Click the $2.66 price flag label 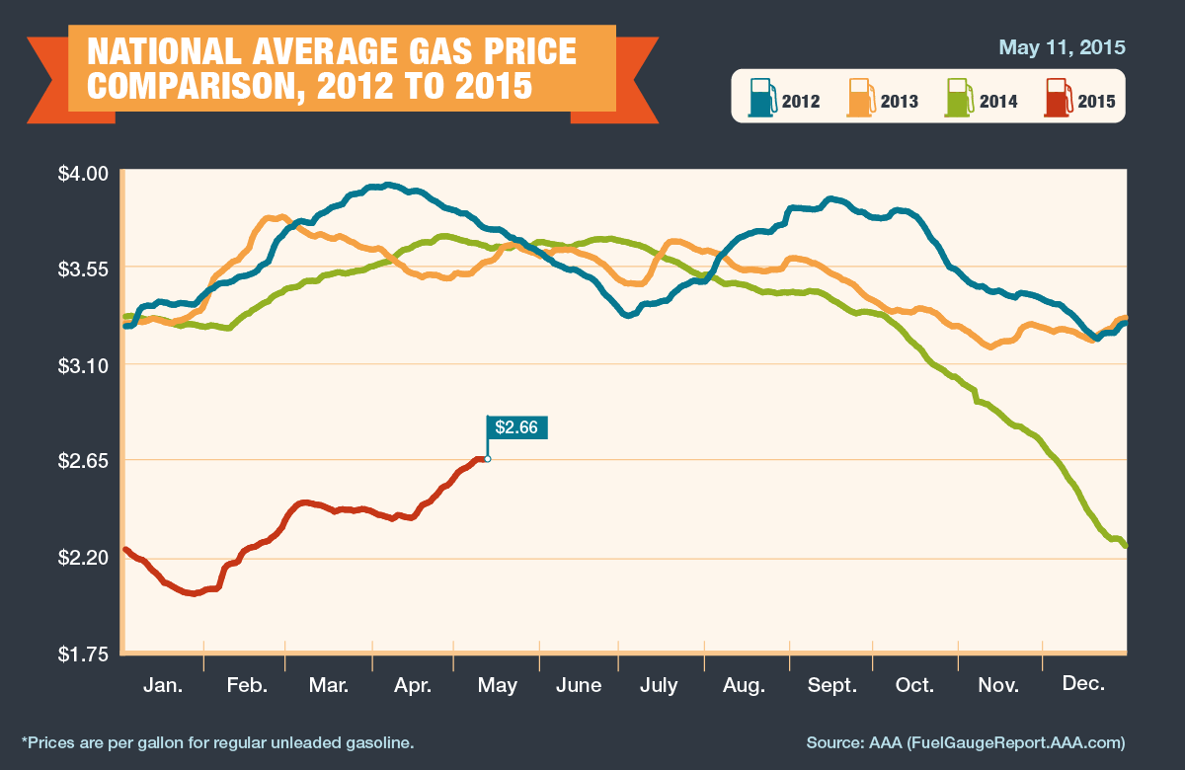[516, 427]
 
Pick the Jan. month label [163, 685]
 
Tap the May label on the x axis [497, 685]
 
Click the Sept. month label [831, 685]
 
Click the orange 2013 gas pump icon [860, 98]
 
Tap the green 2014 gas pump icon [959, 98]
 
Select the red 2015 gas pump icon [1058, 98]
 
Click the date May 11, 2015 [1062, 47]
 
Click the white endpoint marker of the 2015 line [487, 459]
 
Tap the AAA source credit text [966, 740]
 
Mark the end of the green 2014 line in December [1125, 545]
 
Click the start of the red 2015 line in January [125, 549]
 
